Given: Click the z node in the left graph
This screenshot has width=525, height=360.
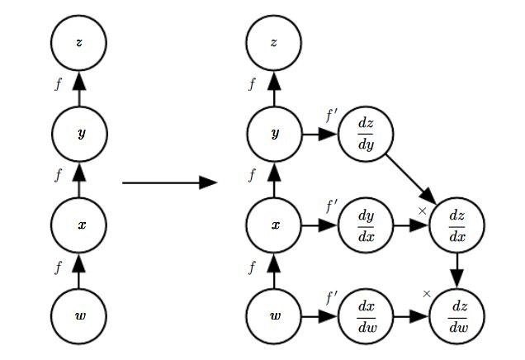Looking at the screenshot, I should click(78, 42).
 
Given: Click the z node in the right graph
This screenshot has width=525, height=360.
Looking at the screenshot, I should click(274, 42).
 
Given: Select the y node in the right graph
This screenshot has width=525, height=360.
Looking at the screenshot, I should click(274, 134).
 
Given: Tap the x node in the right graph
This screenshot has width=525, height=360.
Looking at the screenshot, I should click(274, 225).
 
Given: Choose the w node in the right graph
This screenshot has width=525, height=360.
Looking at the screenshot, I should click(274, 315).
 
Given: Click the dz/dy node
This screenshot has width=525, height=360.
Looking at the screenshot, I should click(367, 134).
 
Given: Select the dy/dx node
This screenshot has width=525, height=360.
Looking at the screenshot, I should click(367, 225).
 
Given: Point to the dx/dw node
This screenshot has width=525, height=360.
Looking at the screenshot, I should click(367, 315).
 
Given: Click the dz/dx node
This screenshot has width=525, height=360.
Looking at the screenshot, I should click(456, 225).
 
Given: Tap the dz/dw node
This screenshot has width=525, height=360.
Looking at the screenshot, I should click(456, 315).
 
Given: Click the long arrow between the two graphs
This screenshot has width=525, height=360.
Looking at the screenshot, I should click(168, 182).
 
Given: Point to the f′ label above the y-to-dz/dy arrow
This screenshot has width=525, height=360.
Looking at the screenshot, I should click(332, 116).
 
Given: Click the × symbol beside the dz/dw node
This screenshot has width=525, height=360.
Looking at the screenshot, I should click(427, 293).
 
